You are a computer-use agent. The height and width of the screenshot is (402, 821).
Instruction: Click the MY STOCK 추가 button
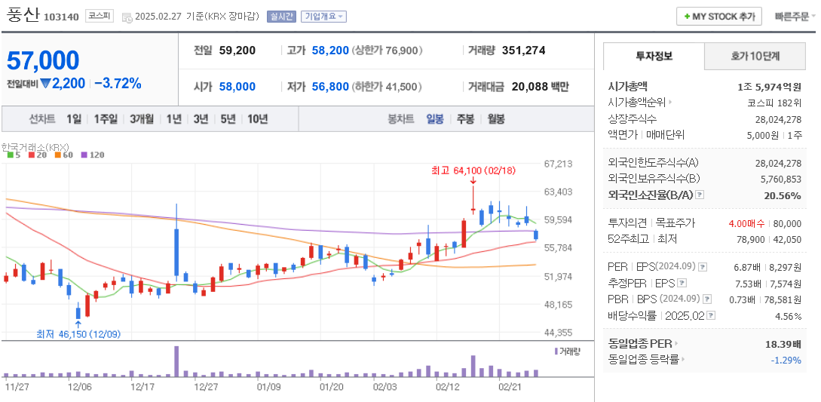click(718, 16)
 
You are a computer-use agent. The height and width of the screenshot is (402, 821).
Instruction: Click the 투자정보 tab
click(654, 56)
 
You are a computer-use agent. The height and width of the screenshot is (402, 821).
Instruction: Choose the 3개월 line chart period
click(141, 118)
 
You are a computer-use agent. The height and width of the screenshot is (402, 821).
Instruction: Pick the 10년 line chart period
click(257, 118)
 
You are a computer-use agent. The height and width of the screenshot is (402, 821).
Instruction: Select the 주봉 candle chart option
click(465, 118)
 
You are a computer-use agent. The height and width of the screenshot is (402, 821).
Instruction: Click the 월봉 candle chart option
click(495, 118)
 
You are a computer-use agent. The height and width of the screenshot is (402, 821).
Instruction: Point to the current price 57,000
click(43, 60)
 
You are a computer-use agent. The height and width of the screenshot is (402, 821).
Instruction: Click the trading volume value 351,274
click(523, 51)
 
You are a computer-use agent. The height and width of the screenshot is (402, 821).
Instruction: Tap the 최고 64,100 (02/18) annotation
click(473, 170)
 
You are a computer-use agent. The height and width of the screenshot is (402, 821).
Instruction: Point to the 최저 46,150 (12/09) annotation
click(78, 333)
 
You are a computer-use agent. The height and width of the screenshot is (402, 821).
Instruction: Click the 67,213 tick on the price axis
click(558, 163)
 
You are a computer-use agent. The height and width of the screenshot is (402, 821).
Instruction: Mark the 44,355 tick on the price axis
click(558, 332)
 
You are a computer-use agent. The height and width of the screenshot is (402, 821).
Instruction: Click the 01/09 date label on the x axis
click(268, 386)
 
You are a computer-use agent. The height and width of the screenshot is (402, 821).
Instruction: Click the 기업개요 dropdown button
click(323, 17)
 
